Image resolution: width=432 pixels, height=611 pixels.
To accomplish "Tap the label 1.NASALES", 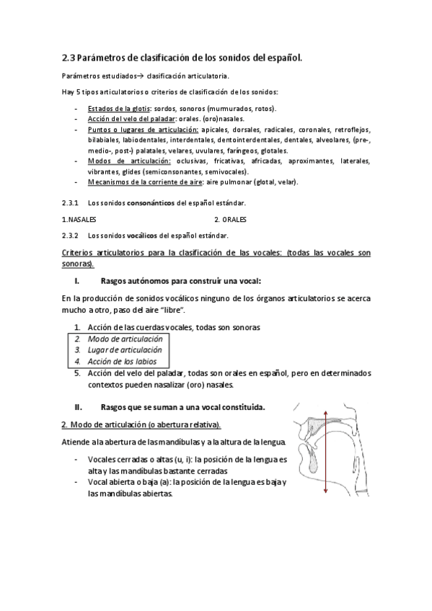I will pyautogui.click(x=79, y=219).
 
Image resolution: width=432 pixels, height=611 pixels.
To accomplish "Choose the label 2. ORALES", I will pyautogui.click(x=231, y=219).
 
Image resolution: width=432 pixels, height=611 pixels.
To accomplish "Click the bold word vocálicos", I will pyautogui.click(x=140, y=236).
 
